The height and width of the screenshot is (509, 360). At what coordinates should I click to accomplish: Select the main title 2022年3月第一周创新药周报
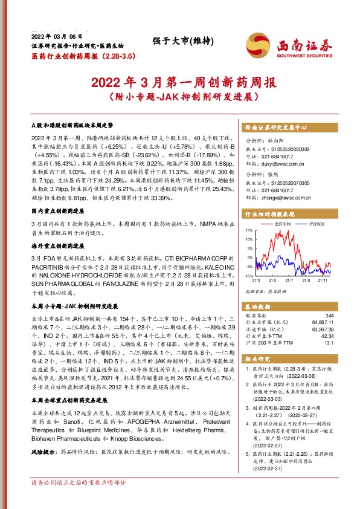coord(180,82)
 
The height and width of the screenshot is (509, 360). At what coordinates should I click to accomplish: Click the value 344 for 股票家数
coord(329,316)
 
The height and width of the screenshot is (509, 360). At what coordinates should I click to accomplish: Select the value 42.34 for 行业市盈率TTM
coord(327,336)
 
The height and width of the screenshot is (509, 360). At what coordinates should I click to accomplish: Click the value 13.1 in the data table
coord(329,343)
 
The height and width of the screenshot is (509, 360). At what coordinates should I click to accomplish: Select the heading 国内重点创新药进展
coord(58,212)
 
